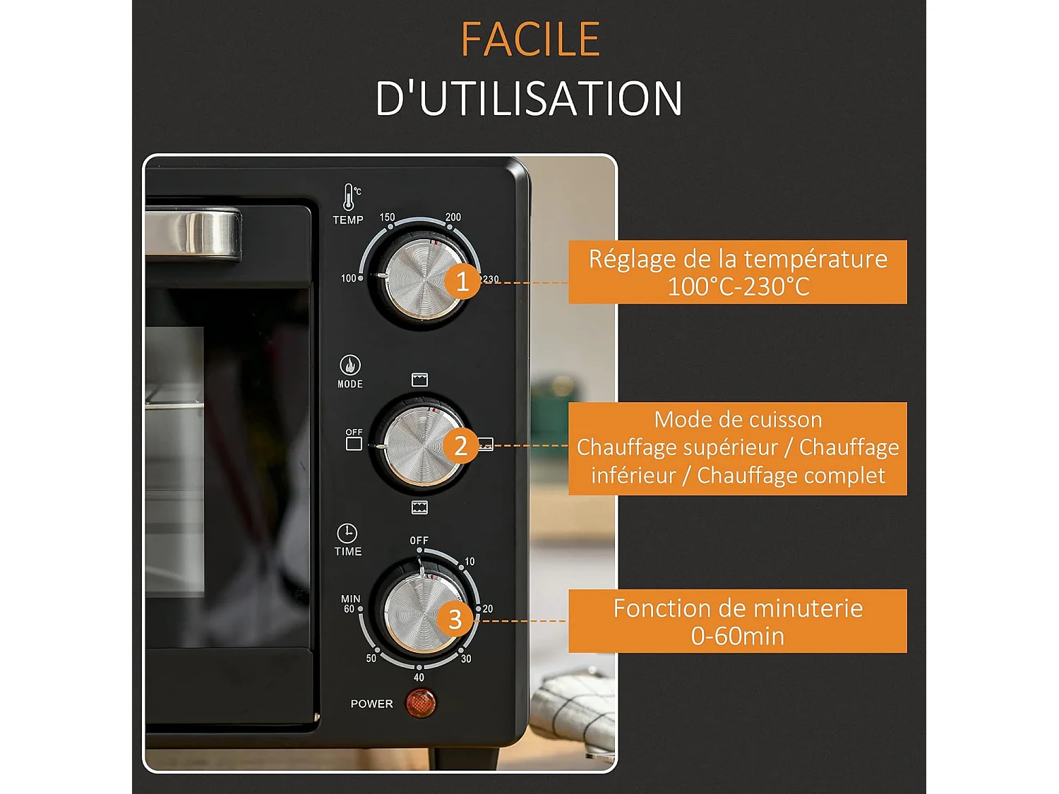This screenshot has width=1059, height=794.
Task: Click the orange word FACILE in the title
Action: pos(530,40)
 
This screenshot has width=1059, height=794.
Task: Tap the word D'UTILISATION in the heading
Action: pos(529,98)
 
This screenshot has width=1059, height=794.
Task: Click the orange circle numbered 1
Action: pos(462,282)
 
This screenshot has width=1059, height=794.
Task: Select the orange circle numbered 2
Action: pos(461,445)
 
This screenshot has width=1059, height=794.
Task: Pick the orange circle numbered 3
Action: pos(455,619)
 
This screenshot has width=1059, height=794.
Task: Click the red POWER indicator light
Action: pos(421,703)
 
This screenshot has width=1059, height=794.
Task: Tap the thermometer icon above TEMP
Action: pos(349,197)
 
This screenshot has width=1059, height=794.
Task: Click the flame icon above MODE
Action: pos(350,365)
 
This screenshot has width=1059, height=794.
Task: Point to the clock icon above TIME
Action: pos(347,533)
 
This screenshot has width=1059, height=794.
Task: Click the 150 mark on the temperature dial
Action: pos(388,217)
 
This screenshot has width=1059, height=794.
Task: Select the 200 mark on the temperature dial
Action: pos(453,217)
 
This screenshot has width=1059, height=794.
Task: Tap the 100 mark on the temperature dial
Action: pos(349,278)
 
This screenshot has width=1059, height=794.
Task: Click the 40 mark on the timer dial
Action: pos(419,677)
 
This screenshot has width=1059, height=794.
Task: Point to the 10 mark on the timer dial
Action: pos(469,562)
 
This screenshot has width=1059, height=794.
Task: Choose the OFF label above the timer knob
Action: pos(419,541)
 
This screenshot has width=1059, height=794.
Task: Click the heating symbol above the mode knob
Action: pos(419,380)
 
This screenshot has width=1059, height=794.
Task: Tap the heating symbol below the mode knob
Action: pos(419,507)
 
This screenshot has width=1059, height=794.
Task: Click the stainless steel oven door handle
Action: pos(193,233)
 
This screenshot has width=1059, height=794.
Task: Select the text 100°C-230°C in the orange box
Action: pos(738,287)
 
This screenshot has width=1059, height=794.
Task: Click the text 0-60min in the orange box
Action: pos(738,636)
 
